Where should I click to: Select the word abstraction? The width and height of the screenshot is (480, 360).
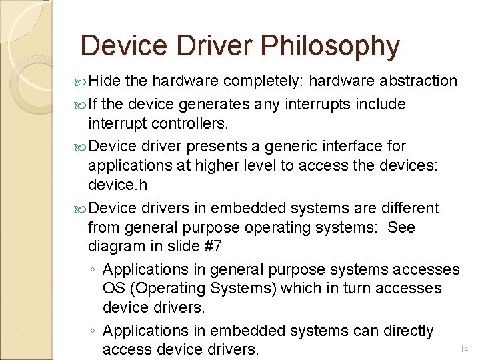click(419, 81)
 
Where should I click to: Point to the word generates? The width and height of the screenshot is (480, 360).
click(209, 105)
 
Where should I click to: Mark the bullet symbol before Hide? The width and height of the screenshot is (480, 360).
click(81, 82)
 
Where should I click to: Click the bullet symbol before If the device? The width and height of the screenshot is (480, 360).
click(81, 105)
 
